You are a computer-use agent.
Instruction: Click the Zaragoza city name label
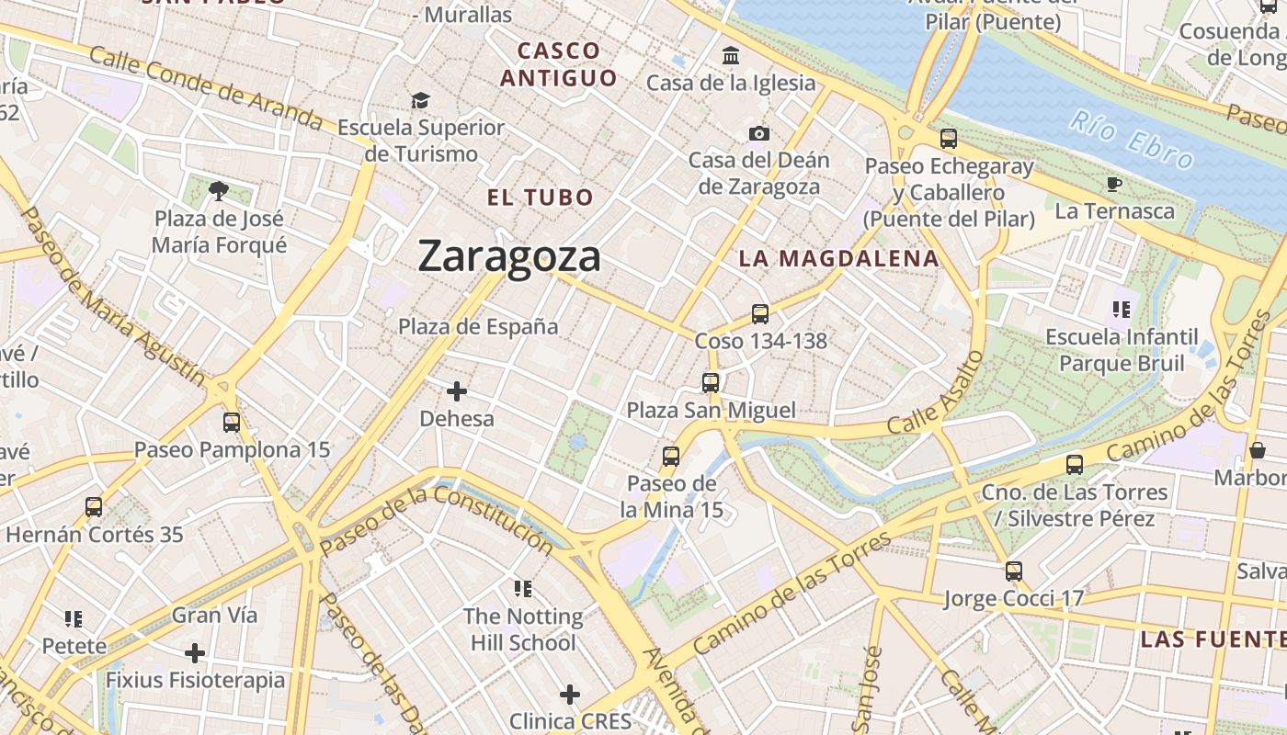509,256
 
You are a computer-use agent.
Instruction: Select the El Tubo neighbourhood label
541,198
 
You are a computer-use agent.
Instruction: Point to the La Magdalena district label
839,259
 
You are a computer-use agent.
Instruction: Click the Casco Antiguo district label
558,64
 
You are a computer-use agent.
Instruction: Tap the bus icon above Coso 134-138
760,314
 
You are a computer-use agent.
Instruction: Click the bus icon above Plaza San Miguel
711,383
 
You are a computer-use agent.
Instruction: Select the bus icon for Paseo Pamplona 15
232,423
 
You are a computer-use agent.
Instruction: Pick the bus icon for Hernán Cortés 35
94,507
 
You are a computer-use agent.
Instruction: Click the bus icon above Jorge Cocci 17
1014,571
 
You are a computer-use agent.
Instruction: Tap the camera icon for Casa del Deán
758,134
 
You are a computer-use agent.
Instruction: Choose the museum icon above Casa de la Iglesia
731,56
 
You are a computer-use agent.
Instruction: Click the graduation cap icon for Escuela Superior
420,100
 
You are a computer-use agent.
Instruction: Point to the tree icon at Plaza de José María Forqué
219,191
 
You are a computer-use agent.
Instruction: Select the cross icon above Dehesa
456,392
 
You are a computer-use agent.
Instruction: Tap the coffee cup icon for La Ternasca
1114,185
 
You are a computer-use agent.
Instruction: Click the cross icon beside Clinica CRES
570,695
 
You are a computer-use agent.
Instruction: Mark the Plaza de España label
478,326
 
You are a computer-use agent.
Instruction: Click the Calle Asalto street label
936,392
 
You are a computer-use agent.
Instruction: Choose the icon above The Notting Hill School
523,589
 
